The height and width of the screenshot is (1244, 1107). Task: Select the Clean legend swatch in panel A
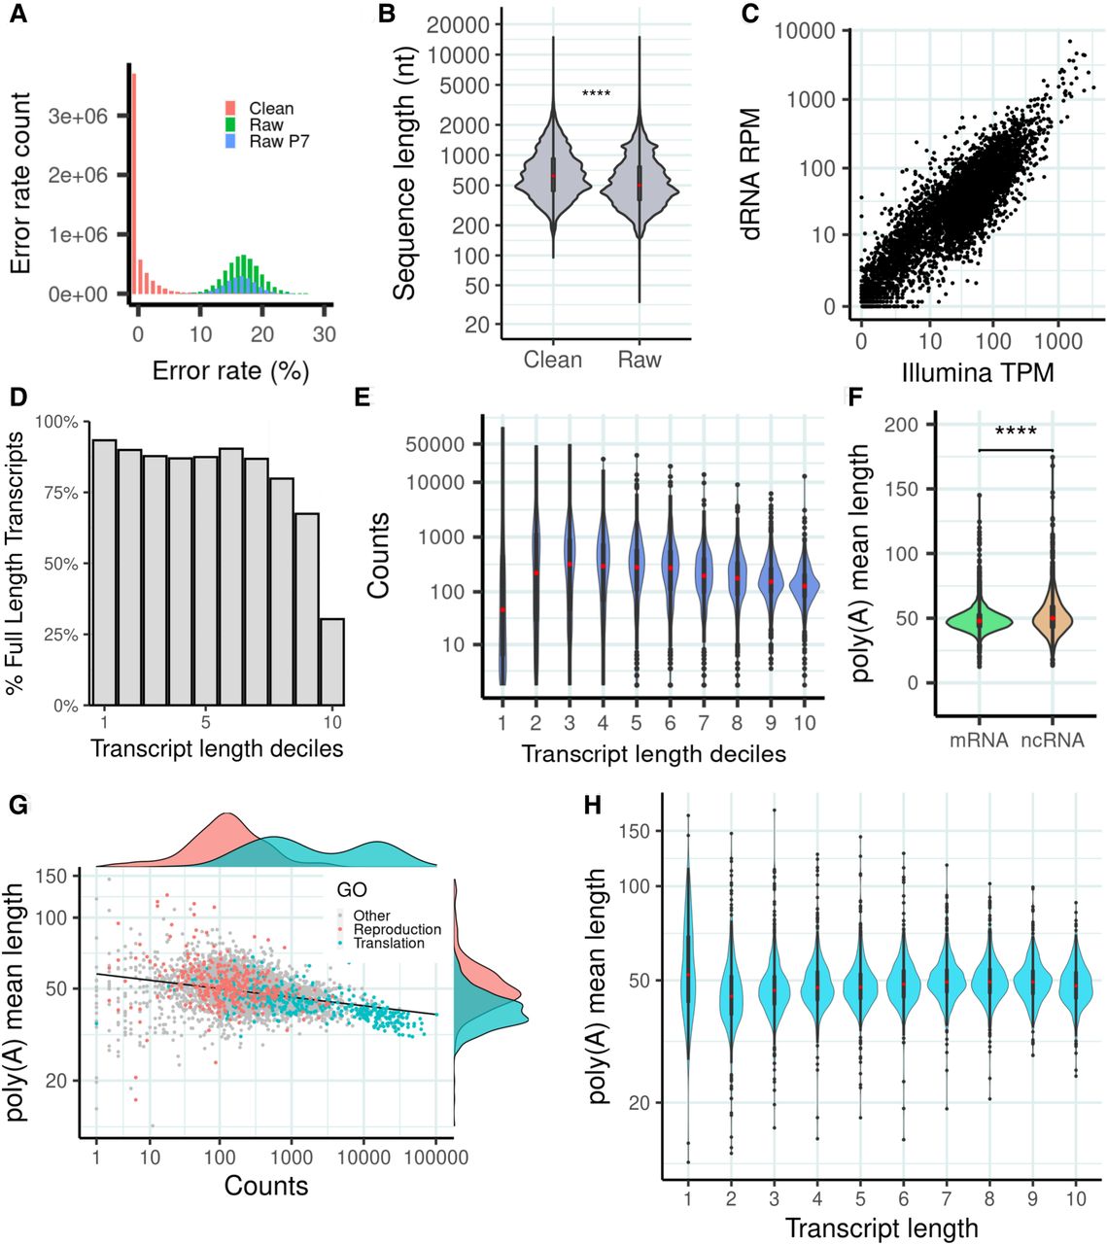coord(230,109)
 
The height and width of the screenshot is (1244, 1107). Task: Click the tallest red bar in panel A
coord(134,185)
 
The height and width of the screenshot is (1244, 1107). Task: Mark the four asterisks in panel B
coord(596,94)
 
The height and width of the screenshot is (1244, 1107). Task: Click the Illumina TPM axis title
coord(978,372)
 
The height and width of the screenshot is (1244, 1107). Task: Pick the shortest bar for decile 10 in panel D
coord(332,661)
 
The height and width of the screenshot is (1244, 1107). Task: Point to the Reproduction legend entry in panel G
coord(397,929)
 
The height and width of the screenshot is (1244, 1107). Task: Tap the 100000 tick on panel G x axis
coord(435,1158)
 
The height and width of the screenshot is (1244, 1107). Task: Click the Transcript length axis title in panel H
coord(882,1227)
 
